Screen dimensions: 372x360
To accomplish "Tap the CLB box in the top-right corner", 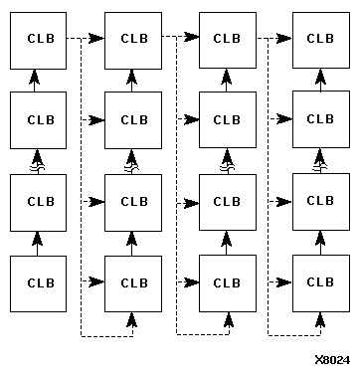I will point(319,39).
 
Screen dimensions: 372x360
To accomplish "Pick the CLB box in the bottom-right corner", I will point(319,282).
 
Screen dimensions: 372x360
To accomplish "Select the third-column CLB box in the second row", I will point(226,120).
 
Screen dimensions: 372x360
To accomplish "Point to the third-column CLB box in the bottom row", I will point(226,282).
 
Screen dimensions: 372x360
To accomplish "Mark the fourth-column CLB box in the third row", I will point(319,202).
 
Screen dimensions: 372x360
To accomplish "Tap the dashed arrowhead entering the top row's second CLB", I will point(95,39).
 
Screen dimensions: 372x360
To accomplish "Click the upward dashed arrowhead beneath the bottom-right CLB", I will point(319,318).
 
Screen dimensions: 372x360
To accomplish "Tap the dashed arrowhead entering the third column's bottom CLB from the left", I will point(190,282).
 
